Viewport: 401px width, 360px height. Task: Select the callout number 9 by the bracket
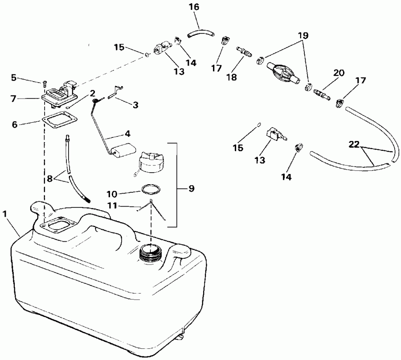pos(191,188)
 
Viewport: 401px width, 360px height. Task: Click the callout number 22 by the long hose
pos(354,144)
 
